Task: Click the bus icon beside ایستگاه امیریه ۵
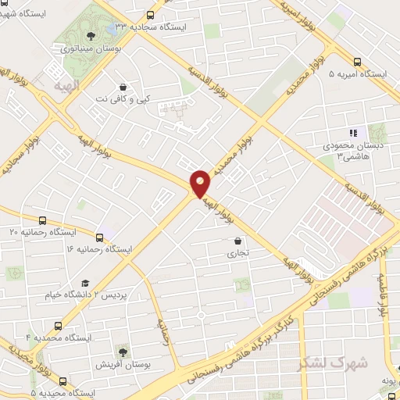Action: pyautogui.click(x=358, y=61)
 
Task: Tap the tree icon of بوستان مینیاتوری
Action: pyautogui.click(x=91, y=35)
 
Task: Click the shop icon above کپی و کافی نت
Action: pyautogui.click(x=122, y=87)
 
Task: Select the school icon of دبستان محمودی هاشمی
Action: pyautogui.click(x=352, y=134)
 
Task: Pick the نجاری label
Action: pyautogui.click(x=237, y=253)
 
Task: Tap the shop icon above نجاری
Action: pyautogui.click(x=237, y=241)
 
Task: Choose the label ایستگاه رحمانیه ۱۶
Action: pyautogui.click(x=100, y=248)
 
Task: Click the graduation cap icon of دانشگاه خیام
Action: pyautogui.click(x=84, y=284)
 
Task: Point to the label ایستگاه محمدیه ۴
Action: pyautogui.click(x=60, y=337)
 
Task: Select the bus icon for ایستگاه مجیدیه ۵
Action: pyautogui.click(x=62, y=381)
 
